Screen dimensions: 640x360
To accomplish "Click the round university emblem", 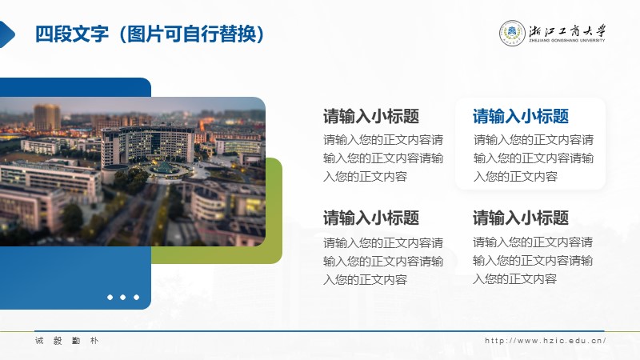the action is pyautogui.click(x=512, y=33).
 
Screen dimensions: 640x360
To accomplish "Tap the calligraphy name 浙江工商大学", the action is pyautogui.click(x=568, y=31).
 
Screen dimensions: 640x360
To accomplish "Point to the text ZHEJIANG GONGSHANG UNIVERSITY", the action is pyautogui.click(x=567, y=41).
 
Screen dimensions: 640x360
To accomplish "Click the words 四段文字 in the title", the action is pyautogui.click(x=72, y=34).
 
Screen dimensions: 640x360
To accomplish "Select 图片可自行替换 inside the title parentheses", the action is pyautogui.click(x=191, y=34).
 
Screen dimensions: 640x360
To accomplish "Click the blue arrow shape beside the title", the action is pyautogui.click(x=6, y=34).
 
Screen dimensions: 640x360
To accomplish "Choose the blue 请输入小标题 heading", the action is pyautogui.click(x=521, y=116).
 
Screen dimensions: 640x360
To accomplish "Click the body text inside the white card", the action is pyautogui.click(x=534, y=158).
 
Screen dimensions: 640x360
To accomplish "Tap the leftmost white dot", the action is pyautogui.click(x=110, y=297).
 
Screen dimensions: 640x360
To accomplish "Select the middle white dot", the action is pyautogui.click(x=123, y=297).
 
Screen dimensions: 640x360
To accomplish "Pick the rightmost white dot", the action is pyautogui.click(x=136, y=297).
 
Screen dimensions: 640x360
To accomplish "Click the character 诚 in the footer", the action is pyautogui.click(x=39, y=341).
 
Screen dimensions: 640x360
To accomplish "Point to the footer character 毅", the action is pyautogui.click(x=58, y=341).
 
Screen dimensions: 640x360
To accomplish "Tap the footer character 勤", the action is pyautogui.click(x=76, y=341).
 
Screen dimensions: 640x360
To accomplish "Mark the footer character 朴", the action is pyautogui.click(x=94, y=341).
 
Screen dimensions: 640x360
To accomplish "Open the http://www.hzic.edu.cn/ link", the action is pyautogui.click(x=546, y=341).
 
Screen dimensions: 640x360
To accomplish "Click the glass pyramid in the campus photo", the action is pyautogui.click(x=164, y=166).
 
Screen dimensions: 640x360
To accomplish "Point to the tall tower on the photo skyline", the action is pyautogui.click(x=46, y=118).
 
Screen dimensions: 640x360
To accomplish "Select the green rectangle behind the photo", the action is pyautogui.click(x=274, y=210).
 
